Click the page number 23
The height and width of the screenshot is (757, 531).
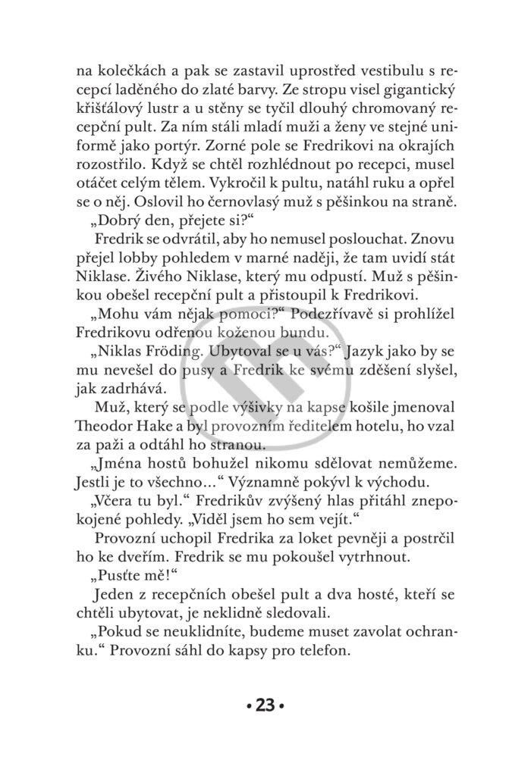click(265, 708)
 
